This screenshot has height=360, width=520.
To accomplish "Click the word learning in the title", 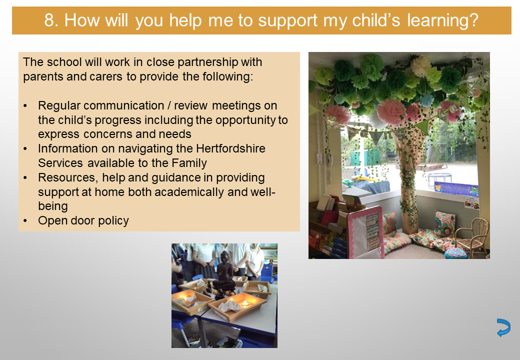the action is (x=442, y=21).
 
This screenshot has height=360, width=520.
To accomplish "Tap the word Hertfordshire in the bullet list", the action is (x=231, y=148).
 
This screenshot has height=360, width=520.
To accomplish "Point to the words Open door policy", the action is (x=83, y=221).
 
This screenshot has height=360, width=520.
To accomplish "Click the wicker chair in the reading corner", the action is (x=472, y=236).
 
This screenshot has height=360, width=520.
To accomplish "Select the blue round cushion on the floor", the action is (x=456, y=253).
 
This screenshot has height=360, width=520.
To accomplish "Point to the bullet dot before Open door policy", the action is (x=25, y=221).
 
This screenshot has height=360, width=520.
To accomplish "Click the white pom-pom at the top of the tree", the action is (x=421, y=66).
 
